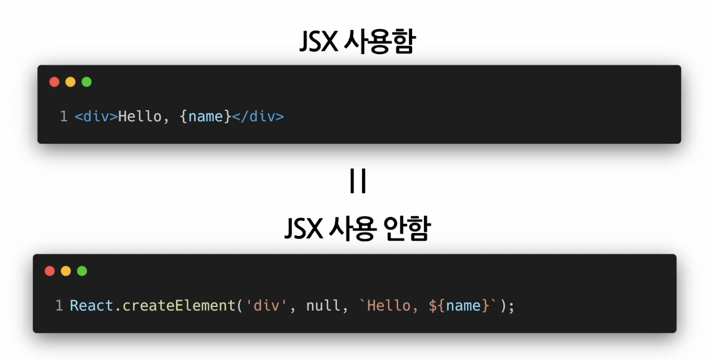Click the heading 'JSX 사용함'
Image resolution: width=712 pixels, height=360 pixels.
click(x=357, y=42)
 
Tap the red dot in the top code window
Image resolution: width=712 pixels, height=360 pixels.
click(x=55, y=82)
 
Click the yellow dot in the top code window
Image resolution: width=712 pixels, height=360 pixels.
click(x=70, y=82)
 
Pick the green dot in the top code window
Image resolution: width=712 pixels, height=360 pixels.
click(x=87, y=82)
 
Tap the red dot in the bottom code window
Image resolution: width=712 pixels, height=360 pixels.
click(x=50, y=271)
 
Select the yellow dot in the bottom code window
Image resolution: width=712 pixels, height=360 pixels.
click(x=66, y=271)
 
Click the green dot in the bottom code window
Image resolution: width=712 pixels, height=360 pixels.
click(x=82, y=271)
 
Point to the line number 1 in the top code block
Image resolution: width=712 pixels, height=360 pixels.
click(x=64, y=117)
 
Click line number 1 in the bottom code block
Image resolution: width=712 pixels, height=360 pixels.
click(x=59, y=306)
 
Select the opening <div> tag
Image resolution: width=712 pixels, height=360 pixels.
click(x=96, y=117)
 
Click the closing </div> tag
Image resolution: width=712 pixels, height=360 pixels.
click(x=258, y=117)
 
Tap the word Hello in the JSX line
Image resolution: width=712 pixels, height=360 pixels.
click(x=140, y=117)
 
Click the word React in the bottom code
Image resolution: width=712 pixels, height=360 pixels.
click(x=91, y=306)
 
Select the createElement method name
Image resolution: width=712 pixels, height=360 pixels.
click(x=179, y=306)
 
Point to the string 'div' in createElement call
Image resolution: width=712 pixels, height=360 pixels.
click(x=267, y=306)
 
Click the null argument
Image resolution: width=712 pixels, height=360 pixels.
click(x=323, y=306)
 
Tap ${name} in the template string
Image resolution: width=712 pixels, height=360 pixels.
click(x=459, y=306)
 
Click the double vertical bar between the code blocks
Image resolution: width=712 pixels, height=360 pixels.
click(x=358, y=181)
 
